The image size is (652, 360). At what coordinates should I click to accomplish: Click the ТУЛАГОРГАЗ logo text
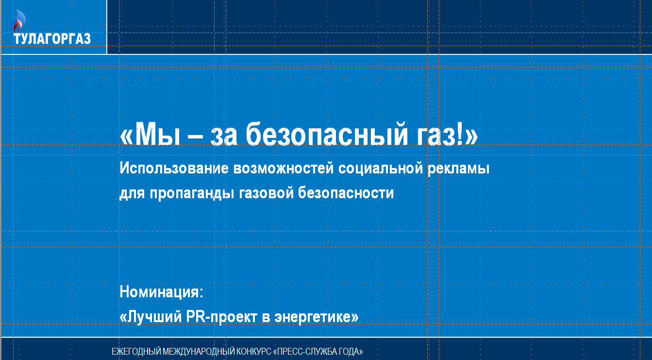pos(52,39)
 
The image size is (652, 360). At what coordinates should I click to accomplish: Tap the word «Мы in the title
pos(150,135)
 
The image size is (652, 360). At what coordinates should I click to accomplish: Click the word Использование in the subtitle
pos(174,168)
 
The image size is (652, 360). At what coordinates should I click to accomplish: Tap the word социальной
pos(381,169)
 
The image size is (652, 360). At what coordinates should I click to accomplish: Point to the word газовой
pos(267,193)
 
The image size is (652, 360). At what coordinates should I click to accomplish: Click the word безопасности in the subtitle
pos(346,193)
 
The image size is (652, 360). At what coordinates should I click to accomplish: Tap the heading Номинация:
pos(162,291)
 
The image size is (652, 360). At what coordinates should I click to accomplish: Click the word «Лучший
pos(151,317)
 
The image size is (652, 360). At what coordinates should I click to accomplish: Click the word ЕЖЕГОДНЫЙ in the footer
pos(136,352)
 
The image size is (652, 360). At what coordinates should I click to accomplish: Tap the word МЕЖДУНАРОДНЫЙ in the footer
pos(199,352)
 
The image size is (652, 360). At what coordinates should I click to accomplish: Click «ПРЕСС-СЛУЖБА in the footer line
pos(304,352)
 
